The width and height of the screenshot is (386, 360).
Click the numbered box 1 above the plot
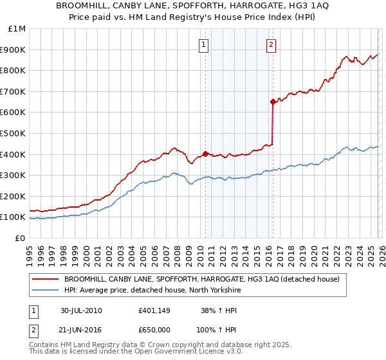pos(203,45)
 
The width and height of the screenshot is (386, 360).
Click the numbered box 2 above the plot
pos(271,45)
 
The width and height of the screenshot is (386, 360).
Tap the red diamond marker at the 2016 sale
pos(273,101)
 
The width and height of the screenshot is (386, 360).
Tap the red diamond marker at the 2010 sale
pos(205,154)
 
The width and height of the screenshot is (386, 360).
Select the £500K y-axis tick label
pos(13,134)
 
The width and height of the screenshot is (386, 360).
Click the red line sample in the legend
pos(46,280)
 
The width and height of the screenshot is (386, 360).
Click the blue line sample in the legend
pos(46,291)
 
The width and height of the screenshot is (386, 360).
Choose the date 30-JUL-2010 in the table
pos(81,310)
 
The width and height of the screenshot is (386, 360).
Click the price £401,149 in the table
pos(154,310)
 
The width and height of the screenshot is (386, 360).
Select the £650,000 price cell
pos(154,330)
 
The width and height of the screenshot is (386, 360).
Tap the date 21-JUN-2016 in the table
pos(81,330)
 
